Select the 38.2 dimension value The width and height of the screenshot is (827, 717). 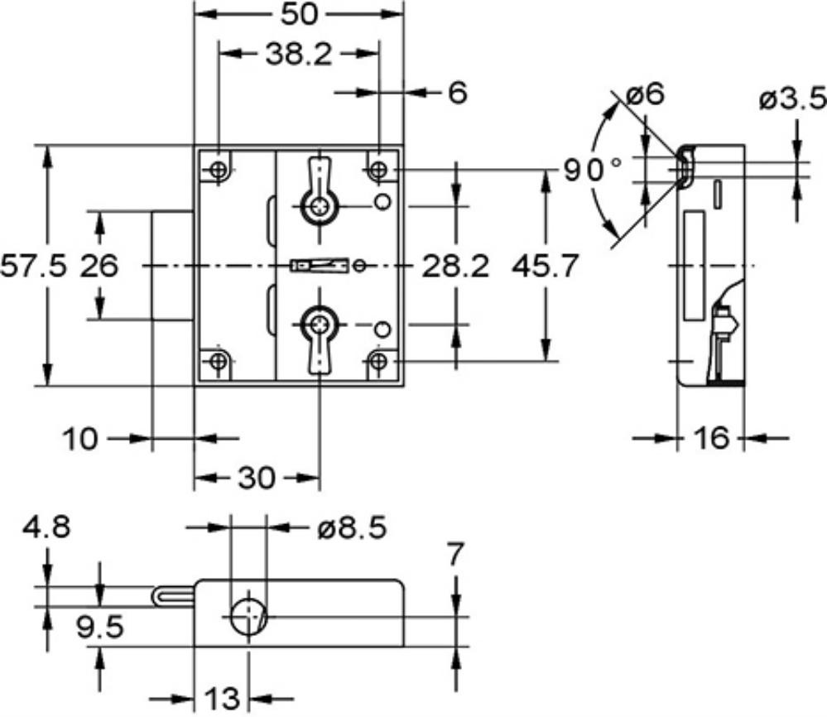click(x=300, y=55)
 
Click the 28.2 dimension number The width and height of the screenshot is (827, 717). click(x=455, y=267)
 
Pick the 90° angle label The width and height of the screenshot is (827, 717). click(x=593, y=171)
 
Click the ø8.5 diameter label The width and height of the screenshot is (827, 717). click(x=352, y=527)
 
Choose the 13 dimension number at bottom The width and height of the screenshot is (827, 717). click(x=221, y=698)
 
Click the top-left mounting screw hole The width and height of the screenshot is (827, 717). click(x=218, y=171)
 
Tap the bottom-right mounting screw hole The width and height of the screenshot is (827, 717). click(x=378, y=362)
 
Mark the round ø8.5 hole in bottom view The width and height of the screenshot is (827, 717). click(x=246, y=617)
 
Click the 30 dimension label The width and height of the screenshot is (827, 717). click(x=256, y=478)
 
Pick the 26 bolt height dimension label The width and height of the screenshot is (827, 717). click(x=99, y=267)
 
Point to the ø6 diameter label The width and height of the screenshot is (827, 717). click(x=646, y=94)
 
